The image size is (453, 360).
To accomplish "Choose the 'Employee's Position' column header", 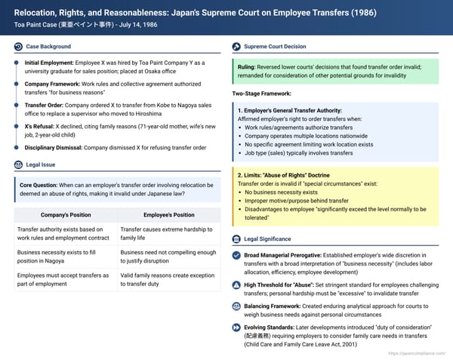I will click(168, 214).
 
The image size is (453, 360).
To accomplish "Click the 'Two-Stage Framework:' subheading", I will click(262, 94).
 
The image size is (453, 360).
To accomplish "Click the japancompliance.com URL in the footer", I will click(415, 353).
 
